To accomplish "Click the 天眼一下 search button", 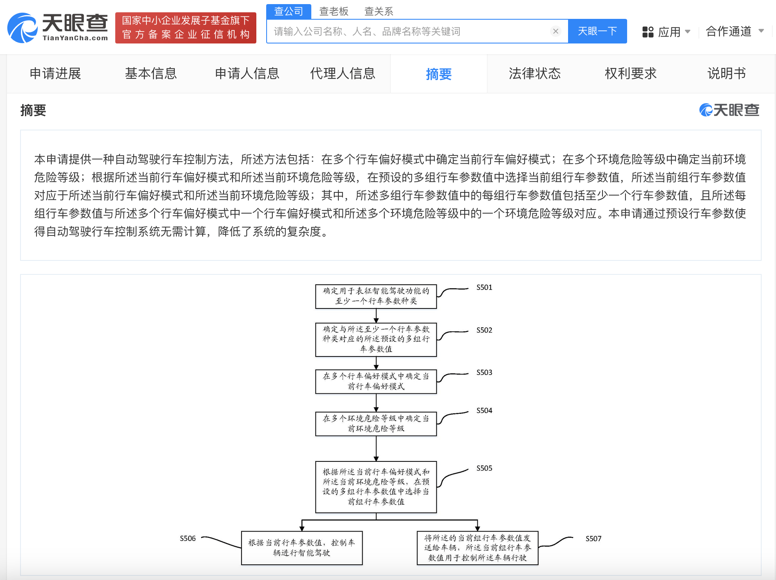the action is pyautogui.click(x=597, y=31).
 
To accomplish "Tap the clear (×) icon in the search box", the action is pyautogui.click(x=556, y=31).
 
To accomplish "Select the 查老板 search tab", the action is pyautogui.click(x=334, y=11).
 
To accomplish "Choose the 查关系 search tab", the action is pyautogui.click(x=379, y=11).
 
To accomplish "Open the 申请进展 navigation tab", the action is pyautogui.click(x=55, y=73).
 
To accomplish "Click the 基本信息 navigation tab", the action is pyautogui.click(x=151, y=73).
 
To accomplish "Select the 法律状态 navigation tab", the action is pyautogui.click(x=534, y=73).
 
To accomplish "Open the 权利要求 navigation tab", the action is pyautogui.click(x=630, y=73).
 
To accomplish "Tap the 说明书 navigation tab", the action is pyautogui.click(x=726, y=73).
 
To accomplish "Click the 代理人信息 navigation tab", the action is pyautogui.click(x=342, y=73).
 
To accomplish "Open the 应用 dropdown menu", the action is pyautogui.click(x=666, y=32).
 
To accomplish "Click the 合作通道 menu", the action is pyautogui.click(x=735, y=31).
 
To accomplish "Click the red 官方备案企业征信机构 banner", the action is pyautogui.click(x=186, y=27).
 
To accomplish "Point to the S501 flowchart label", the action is pyautogui.click(x=484, y=288).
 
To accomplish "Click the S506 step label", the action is pyautogui.click(x=188, y=539).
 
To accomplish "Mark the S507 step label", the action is pyautogui.click(x=593, y=539).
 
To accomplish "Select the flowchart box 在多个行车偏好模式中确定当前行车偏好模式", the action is pyautogui.click(x=376, y=381).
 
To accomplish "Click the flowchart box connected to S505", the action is pyautogui.click(x=376, y=487).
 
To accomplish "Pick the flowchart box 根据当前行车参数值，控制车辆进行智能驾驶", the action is pyautogui.click(x=302, y=548).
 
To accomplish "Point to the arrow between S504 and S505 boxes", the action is pyautogui.click(x=376, y=448).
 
